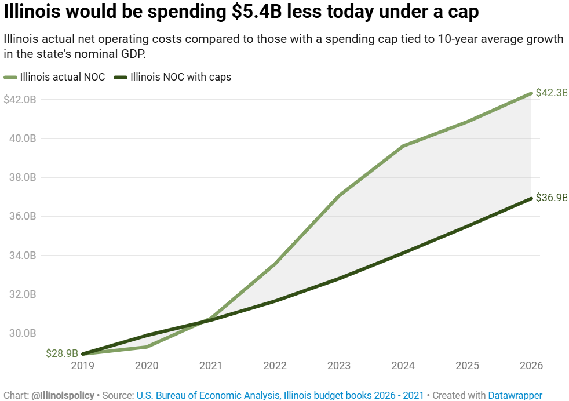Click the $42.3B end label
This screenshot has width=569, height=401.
click(551, 93)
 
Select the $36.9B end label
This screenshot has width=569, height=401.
click(551, 198)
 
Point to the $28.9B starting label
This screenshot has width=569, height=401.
click(62, 353)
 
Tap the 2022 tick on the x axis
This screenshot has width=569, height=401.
click(275, 366)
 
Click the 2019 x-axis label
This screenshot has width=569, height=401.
click(82, 366)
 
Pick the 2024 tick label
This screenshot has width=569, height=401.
click(403, 366)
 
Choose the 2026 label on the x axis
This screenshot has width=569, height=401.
click(531, 366)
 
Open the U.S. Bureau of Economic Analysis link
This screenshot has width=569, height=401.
click(208, 395)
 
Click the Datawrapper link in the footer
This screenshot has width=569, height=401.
click(515, 395)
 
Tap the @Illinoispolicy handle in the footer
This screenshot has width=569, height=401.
click(63, 395)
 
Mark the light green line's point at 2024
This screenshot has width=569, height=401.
click(403, 146)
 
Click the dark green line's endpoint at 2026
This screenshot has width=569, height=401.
click(531, 198)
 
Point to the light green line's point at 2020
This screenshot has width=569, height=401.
click(147, 347)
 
